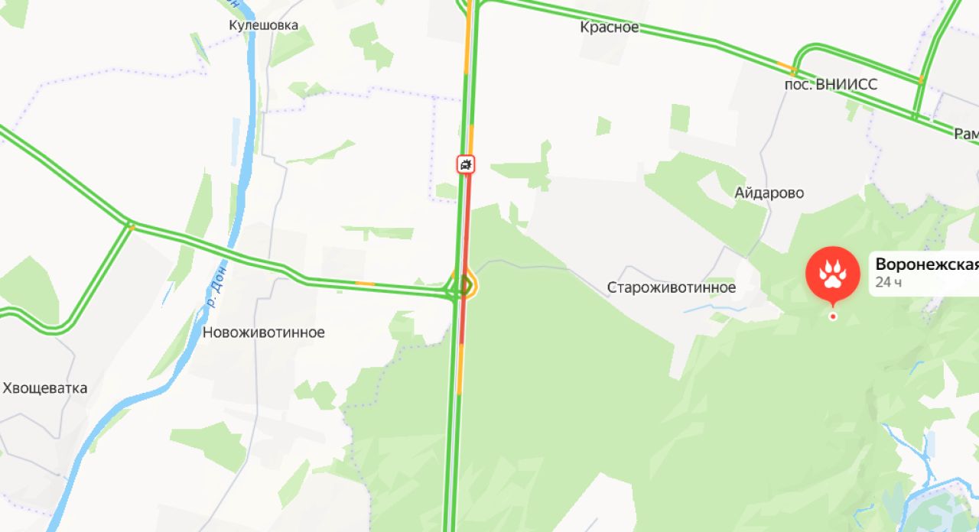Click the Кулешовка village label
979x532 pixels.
264,26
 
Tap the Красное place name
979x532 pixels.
609,28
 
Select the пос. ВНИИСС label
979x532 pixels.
831,84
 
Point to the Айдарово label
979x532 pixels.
769,193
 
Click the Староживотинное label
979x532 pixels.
672,287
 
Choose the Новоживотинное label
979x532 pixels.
264,332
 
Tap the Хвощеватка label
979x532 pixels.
45,388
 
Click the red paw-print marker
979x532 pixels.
832,274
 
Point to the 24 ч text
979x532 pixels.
889,283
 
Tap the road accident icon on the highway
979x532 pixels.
466,164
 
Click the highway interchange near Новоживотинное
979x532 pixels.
462,287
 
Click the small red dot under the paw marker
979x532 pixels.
832,316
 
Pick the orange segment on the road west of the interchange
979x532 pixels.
366,284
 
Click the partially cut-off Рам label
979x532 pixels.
965,134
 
